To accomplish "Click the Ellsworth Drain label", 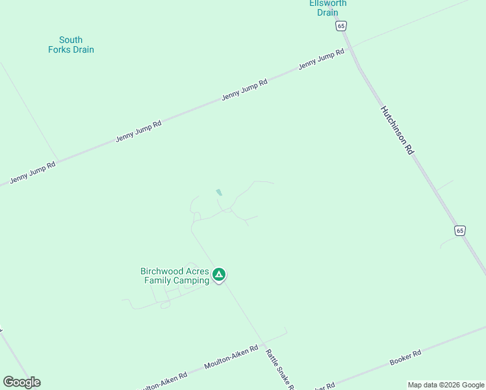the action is (327, 8).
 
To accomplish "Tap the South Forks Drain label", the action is (71, 45).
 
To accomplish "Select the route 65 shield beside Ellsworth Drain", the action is (342, 25).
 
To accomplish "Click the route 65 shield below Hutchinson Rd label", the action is (460, 231).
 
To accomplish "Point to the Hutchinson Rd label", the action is (397, 130).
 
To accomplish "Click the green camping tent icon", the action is (220, 275).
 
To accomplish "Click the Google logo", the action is (21, 382).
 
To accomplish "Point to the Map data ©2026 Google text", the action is (446, 385).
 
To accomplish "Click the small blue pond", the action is (219, 192).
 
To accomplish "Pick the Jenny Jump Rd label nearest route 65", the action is (321, 60).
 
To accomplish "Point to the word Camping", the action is (192, 280).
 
